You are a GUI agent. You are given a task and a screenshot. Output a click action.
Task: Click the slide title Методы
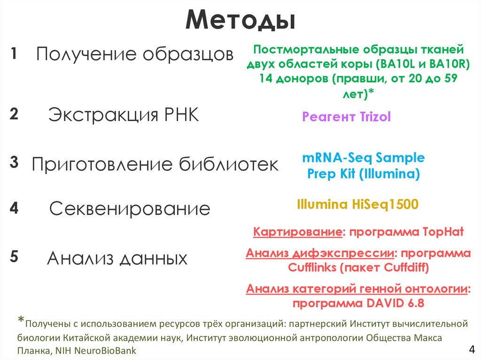pyautogui.click(x=240, y=22)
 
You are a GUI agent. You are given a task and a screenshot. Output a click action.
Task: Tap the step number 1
pyautogui.click(x=14, y=54)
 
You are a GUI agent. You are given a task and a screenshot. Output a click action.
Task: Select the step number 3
pyautogui.click(x=14, y=163)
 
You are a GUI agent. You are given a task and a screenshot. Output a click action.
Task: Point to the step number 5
pyautogui.click(x=14, y=257)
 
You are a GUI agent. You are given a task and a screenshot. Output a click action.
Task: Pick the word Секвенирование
pyautogui.click(x=130, y=209)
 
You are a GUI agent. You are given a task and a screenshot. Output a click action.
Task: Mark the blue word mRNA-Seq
pyautogui.click(x=334, y=158)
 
